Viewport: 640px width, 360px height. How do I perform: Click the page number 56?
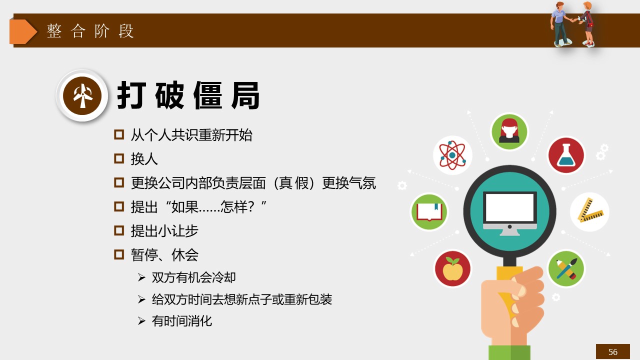[612, 351]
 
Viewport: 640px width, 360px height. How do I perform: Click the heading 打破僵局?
[188, 95]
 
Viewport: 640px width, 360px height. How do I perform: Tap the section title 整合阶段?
[90, 31]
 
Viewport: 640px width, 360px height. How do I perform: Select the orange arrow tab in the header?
[23, 31]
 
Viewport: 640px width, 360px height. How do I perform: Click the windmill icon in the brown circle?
[82, 95]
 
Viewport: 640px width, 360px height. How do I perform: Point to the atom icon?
[452, 155]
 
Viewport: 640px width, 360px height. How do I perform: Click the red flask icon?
[566, 155]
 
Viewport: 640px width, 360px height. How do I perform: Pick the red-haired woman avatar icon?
[509, 131]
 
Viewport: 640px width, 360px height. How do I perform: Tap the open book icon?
[429, 212]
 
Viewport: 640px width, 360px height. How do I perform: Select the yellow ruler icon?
[589, 211]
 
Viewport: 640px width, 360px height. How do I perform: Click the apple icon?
[452, 268]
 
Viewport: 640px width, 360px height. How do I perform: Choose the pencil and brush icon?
[566, 268]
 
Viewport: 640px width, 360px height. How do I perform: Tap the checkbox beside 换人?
[119, 158]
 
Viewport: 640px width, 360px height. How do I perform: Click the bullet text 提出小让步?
[164, 230]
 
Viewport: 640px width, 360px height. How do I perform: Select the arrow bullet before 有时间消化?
[141, 321]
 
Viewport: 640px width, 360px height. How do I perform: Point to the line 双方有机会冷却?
[193, 277]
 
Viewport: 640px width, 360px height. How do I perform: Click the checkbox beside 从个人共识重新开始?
[119, 134]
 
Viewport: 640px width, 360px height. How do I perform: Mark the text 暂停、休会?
[164, 254]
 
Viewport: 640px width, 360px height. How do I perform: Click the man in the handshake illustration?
[560, 24]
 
